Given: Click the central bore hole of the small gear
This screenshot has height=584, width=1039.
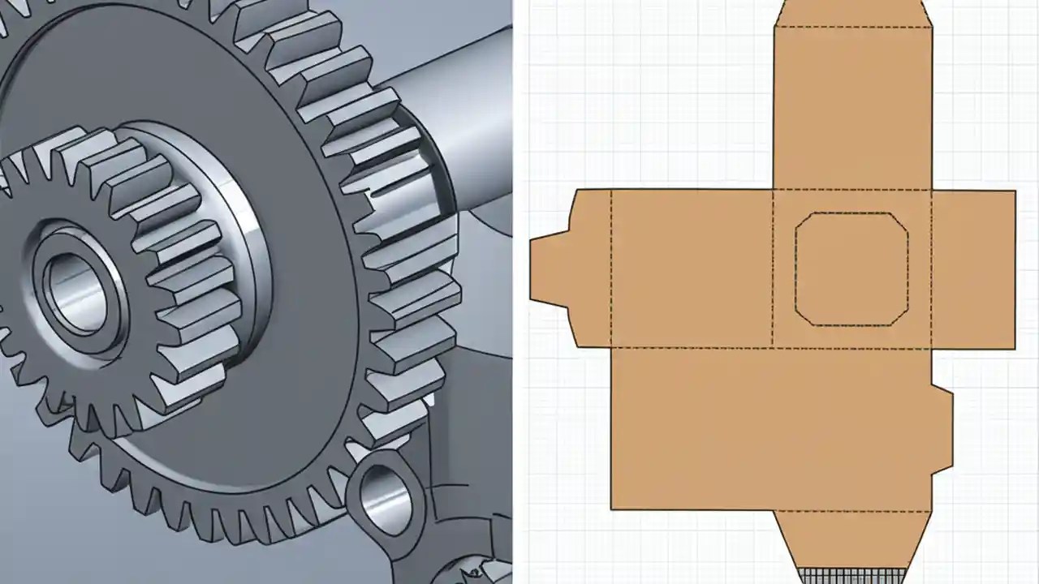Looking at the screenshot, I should tap(75, 292).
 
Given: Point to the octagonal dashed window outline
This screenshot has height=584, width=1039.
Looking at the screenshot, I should tap(851, 214).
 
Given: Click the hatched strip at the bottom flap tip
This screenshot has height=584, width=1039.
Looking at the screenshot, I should tap(852, 575).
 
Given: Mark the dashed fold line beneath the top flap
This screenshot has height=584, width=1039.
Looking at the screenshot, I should tap(852, 27).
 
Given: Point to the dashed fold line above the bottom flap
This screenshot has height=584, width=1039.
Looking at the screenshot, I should tap(852, 512).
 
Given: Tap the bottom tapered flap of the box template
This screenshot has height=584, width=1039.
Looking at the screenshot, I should tap(852, 539).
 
